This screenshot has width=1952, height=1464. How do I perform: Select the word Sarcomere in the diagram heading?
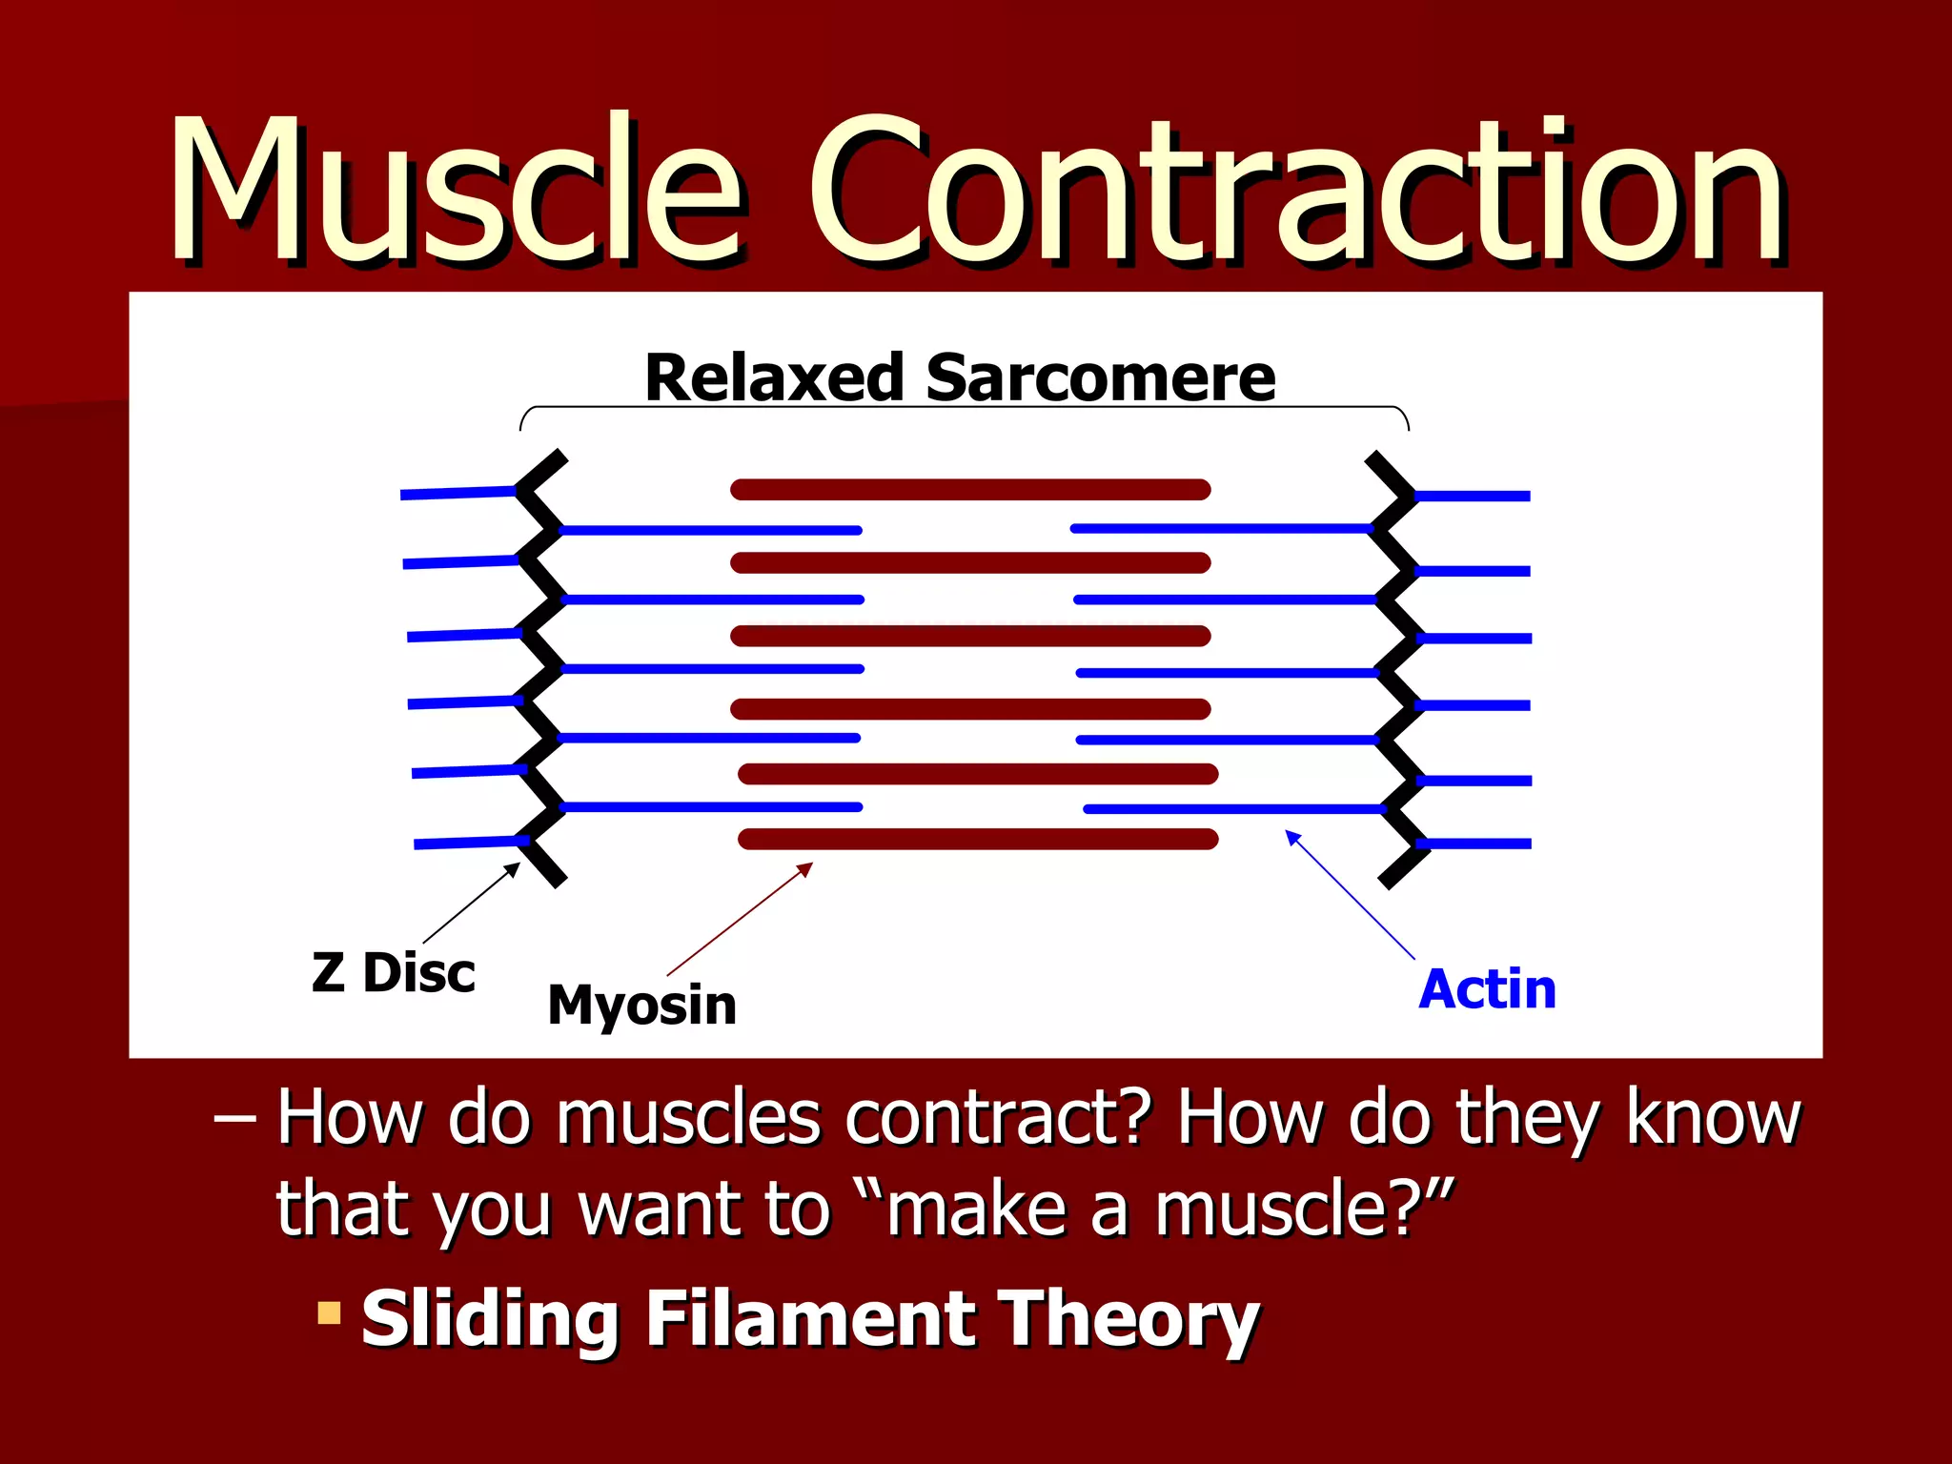coord(1100,377)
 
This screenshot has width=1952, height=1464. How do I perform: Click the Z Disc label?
coord(393,973)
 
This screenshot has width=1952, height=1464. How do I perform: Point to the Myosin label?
coord(641,1005)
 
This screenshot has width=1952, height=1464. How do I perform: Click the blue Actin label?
coord(1487,988)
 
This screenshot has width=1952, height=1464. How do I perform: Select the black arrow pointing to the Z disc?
coord(471,904)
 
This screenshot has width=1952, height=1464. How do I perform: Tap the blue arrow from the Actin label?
coord(1350,894)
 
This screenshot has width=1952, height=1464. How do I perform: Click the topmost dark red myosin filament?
coord(970,490)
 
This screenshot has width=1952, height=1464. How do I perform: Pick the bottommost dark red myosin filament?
coord(978,839)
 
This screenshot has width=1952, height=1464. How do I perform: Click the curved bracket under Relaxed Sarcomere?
coord(963,408)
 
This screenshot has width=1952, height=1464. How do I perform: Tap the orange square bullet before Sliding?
coord(329,1313)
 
